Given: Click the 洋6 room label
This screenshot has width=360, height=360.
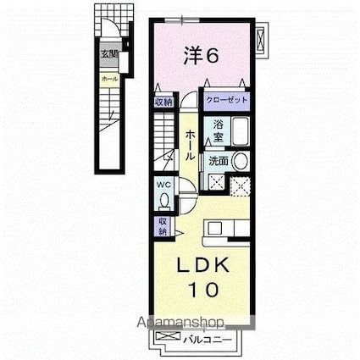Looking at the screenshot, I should pos(202,58).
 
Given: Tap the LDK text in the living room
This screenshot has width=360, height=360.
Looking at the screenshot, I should pos(202,264).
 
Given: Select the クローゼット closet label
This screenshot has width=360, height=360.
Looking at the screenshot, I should pos(225,99).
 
